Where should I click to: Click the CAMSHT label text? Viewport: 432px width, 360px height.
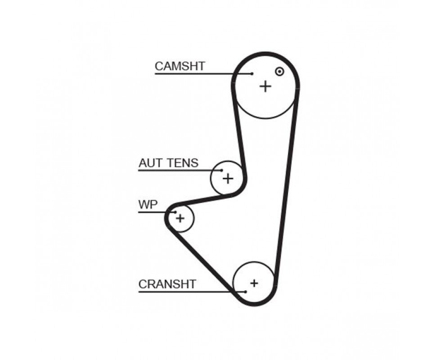point(180,66)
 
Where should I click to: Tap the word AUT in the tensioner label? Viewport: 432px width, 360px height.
point(149,163)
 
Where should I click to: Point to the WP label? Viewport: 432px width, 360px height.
point(148,205)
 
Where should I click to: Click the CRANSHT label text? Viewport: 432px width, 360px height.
point(167,284)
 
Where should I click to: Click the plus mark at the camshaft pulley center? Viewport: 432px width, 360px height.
point(265,86)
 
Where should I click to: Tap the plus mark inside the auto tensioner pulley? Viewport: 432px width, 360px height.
point(228,179)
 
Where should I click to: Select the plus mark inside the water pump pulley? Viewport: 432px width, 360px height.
point(180,219)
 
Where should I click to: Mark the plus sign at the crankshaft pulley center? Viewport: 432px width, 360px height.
point(254,283)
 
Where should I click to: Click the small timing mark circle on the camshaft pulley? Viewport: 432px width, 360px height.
point(279,71)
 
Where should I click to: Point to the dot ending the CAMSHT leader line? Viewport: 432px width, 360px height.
point(252,73)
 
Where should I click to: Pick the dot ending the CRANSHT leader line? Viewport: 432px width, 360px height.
point(246,292)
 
